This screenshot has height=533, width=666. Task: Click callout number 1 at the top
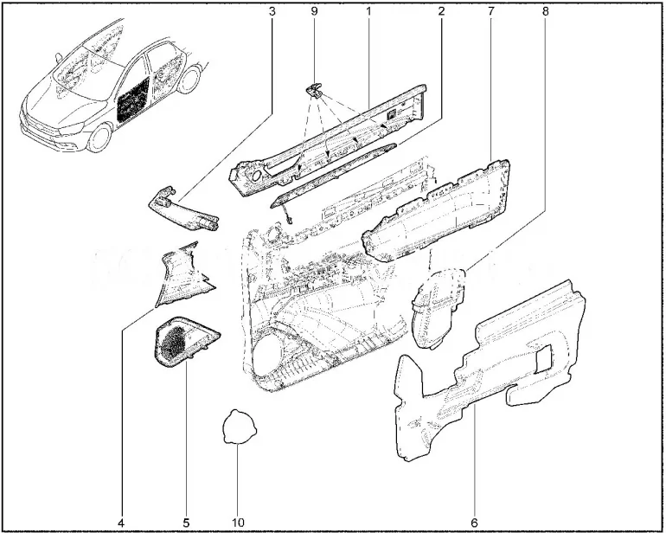point(368,12)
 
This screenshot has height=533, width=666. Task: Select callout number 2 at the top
point(441,12)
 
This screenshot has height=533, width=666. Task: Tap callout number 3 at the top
point(272,12)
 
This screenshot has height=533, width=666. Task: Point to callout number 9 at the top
point(314,12)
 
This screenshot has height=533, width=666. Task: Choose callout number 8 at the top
point(546,12)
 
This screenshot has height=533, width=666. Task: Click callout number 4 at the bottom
point(121,523)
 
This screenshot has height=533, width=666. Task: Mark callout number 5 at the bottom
point(186,523)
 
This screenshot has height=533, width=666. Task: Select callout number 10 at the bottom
point(238,523)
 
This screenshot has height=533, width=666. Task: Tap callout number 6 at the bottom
point(474,523)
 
